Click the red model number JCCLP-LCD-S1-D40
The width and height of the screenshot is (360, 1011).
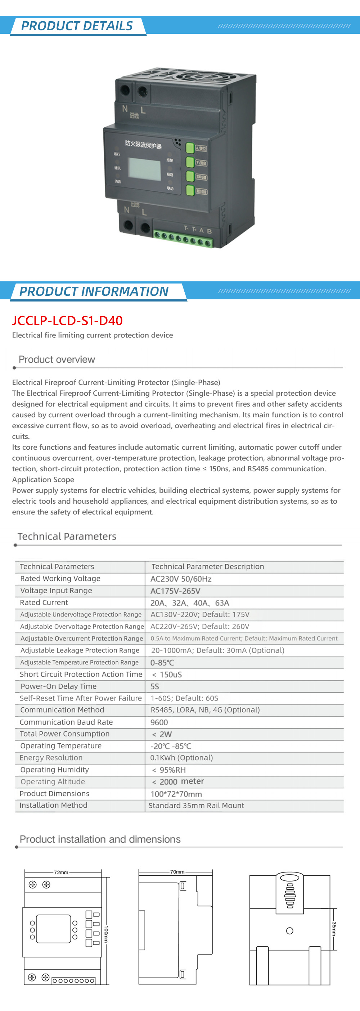point(67,321)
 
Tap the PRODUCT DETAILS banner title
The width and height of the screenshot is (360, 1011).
point(77,26)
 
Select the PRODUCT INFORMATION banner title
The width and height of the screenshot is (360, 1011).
point(94,291)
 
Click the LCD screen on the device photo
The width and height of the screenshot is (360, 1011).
point(145,169)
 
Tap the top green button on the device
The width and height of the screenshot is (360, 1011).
point(190,148)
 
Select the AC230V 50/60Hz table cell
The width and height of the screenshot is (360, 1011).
point(181,579)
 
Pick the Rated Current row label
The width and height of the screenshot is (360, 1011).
point(44,602)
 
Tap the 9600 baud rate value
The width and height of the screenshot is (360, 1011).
point(159,722)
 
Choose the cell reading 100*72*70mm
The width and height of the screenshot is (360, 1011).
point(176,794)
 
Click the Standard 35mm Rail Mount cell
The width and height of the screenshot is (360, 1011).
point(196,805)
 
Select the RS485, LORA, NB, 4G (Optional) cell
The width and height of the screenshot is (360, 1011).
point(205,709)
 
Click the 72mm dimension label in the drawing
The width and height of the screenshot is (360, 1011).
point(61,872)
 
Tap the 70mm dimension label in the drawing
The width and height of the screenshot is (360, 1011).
point(177,872)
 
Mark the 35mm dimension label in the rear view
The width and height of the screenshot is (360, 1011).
point(334,929)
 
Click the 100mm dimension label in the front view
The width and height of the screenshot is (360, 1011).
point(106,934)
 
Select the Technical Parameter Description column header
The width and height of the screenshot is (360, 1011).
point(208,566)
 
